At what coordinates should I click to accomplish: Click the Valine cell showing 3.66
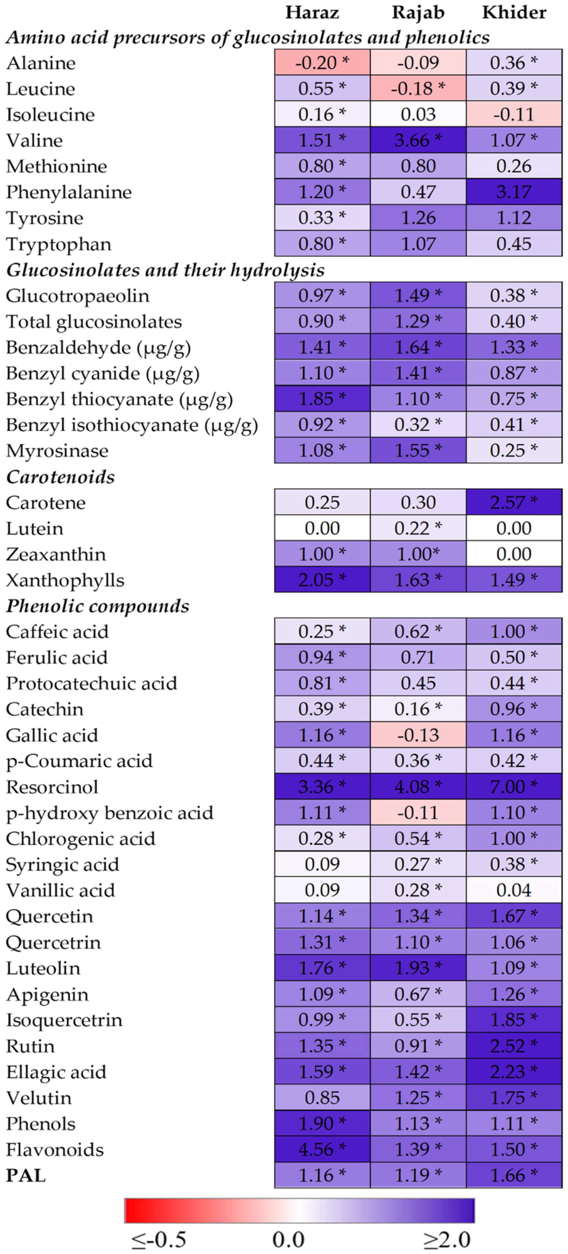coord(418,141)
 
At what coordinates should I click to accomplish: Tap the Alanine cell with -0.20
coord(322,63)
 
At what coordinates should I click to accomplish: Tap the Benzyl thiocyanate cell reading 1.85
coord(322,399)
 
